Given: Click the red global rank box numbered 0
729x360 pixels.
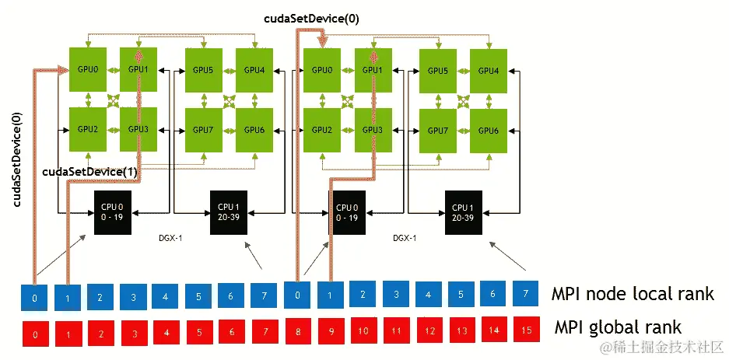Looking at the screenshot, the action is pos(35,333).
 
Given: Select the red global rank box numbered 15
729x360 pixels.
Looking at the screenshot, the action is pos(526,330).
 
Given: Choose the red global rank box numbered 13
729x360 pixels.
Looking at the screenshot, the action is pos(461,330).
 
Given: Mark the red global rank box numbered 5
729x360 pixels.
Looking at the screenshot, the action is pos(199,332).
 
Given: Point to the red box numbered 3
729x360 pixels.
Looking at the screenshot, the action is pos(134,333).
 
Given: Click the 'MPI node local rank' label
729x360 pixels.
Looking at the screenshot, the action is pos(633,294).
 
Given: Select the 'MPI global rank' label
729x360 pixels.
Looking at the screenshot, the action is pos(618,327).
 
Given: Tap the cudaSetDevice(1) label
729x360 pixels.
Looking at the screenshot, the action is pos(90,172).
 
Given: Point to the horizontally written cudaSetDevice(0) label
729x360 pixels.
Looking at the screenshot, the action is pos(311,19).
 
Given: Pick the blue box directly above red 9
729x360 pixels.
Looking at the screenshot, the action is pos(331,295).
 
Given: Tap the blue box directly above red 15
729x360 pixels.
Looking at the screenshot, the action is pos(526,294).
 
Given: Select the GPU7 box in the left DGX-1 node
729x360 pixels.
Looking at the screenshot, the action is pos(203,130).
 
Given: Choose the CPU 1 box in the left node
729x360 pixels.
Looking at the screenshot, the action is pos(228,212).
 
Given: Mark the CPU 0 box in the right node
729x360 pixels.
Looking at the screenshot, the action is pos(346,212).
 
